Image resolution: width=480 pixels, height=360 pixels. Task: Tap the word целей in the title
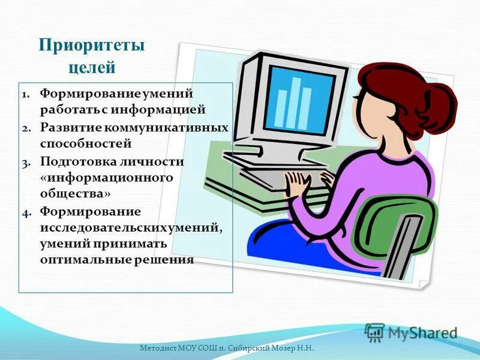(x=92, y=67)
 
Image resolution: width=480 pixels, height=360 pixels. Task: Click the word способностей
(x=85, y=144)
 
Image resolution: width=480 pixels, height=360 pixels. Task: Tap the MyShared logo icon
(x=374, y=332)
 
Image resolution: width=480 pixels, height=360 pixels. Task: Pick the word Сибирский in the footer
(x=248, y=348)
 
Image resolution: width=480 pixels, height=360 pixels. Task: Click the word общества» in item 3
(x=76, y=194)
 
